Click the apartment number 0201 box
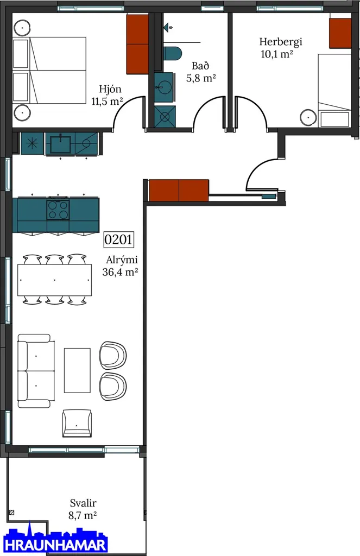click(x=118, y=239)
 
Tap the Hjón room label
click(x=110, y=89)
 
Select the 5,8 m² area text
click(x=201, y=78)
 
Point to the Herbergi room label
click(x=281, y=42)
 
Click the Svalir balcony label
click(x=83, y=503)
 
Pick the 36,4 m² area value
click(x=120, y=272)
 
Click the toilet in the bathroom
click(x=172, y=53)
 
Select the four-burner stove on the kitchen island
click(x=58, y=210)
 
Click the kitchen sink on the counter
click(x=60, y=143)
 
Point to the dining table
click(x=55, y=280)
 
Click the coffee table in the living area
click(x=77, y=370)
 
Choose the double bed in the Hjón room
click(x=49, y=70)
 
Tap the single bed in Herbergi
click(x=334, y=91)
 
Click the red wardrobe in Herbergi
click(x=340, y=33)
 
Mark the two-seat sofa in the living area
click(x=36, y=370)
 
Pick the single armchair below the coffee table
click(x=77, y=424)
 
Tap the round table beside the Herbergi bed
click(x=308, y=117)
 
